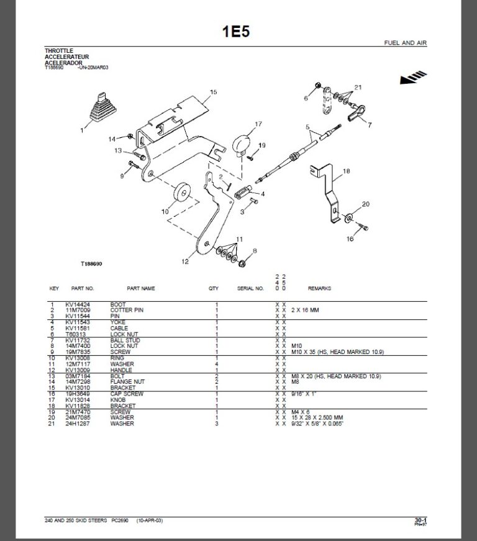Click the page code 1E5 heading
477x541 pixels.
236,32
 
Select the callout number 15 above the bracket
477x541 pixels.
213,93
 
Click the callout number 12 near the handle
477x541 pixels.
184,261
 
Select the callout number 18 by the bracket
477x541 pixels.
346,171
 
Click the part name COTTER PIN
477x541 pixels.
127,309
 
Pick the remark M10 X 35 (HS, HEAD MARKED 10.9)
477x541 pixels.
337,352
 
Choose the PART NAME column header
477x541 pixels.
141,289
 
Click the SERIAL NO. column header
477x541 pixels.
250,289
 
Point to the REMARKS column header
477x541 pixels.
319,289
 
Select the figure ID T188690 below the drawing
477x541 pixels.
91,263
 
